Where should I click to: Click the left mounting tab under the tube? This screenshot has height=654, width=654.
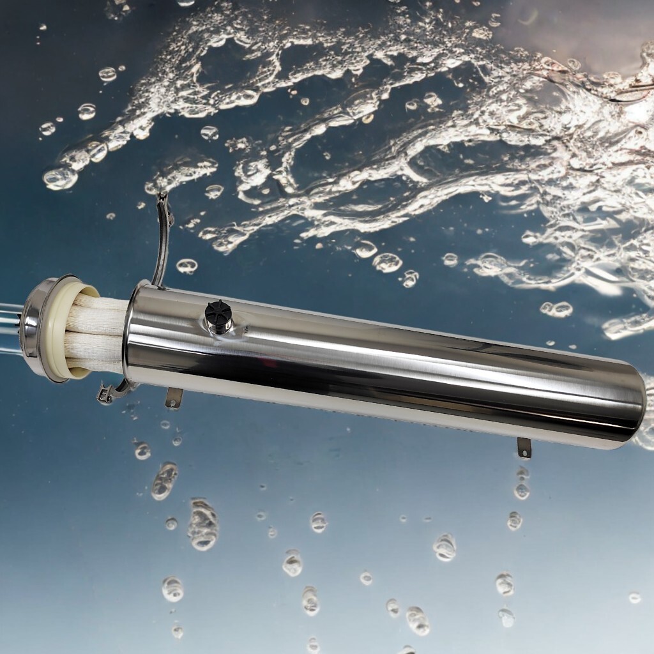click(x=173, y=398)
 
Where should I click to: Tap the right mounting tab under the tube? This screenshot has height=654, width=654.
click(x=524, y=448)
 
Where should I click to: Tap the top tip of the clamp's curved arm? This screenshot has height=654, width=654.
click(x=162, y=197)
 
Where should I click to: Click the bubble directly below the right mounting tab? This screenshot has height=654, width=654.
click(x=522, y=490)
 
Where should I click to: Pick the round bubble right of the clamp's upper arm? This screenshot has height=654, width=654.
click(x=186, y=266)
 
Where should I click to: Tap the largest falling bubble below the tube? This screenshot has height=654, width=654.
click(x=202, y=525)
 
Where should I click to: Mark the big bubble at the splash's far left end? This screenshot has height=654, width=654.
click(x=60, y=178)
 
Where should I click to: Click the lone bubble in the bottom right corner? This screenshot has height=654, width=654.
click(x=634, y=598)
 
